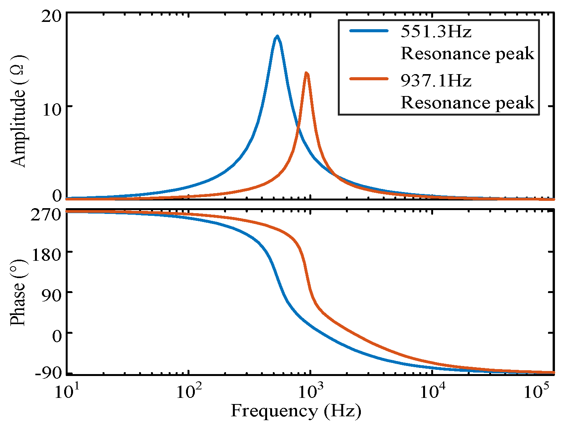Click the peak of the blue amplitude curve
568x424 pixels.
coord(277,36)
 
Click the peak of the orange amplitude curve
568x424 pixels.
coord(306,73)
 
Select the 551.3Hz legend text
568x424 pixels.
coord(436,31)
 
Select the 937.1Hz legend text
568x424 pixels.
coord(436,80)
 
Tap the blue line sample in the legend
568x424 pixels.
coord(369,31)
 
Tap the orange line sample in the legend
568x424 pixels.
coord(369,79)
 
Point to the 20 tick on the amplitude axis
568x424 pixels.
coord(51,17)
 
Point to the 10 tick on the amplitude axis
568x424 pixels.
coord(51,109)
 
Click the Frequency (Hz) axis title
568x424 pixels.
coord(296,411)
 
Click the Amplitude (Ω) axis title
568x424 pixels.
coord(18,110)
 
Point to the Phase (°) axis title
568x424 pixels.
coord(18,293)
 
